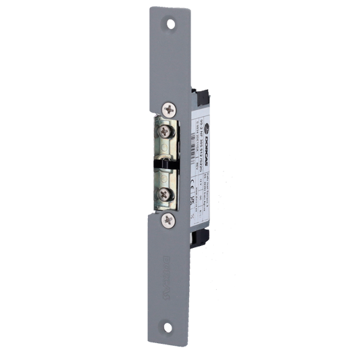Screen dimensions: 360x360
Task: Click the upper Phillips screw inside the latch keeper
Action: coord(165,131)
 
